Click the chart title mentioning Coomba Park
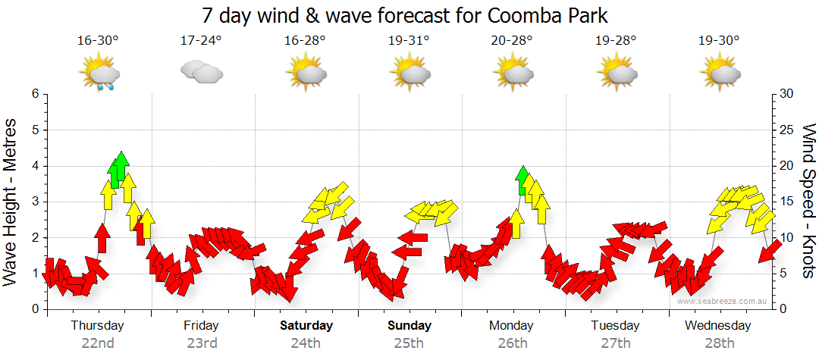[x=406, y=15]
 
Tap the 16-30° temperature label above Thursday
[x=98, y=40]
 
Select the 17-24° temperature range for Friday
[x=201, y=40]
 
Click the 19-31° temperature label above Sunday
[x=408, y=40]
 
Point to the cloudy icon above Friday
[x=201, y=73]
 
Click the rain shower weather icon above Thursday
[x=100, y=74]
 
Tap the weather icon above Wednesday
[x=720, y=74]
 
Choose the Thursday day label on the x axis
[x=97, y=326]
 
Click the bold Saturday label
[x=306, y=326]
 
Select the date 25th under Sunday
[x=409, y=343]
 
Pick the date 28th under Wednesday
[x=719, y=343]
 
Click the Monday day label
[x=511, y=326]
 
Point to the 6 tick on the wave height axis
[x=34, y=94]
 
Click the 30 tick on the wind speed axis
[x=787, y=94]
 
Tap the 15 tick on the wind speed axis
[x=787, y=202]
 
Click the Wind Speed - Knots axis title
[x=807, y=201]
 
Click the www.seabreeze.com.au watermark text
[x=723, y=301]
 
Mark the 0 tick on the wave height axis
[x=34, y=309]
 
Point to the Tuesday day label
[x=615, y=326]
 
